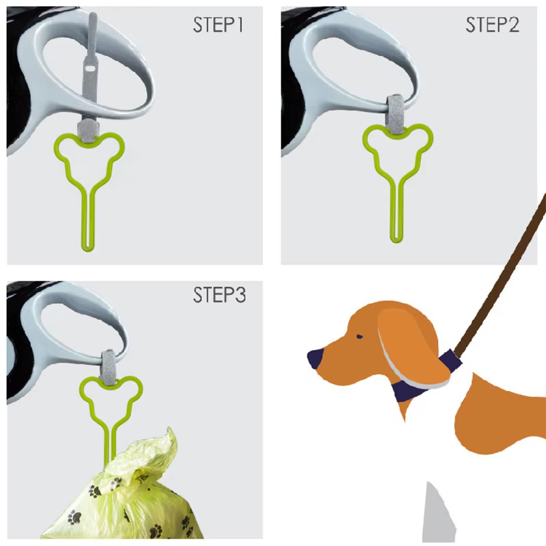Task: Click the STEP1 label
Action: pos(218,26)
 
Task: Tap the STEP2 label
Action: pos(492,26)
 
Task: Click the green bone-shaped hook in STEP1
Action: pos(87,192)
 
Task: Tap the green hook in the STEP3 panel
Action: pos(110,409)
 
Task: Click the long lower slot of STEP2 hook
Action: pos(397,212)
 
